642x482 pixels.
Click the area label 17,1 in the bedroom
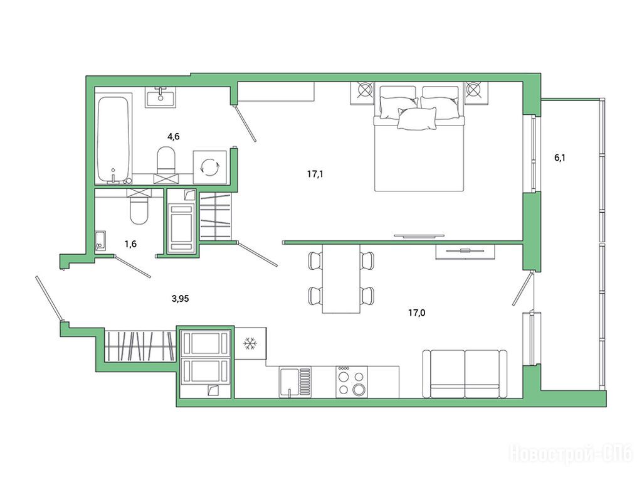(x=315, y=174)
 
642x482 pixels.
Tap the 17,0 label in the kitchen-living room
(x=416, y=313)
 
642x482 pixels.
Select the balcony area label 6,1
(x=560, y=158)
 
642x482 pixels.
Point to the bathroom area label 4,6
(x=174, y=136)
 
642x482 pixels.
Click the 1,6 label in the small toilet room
(x=130, y=244)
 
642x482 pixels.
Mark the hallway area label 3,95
(x=180, y=299)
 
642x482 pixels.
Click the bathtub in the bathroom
(x=113, y=140)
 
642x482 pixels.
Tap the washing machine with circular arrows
(x=209, y=167)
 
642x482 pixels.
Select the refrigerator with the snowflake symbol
(x=250, y=343)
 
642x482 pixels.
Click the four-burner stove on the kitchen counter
(x=352, y=382)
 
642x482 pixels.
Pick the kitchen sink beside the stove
(x=295, y=382)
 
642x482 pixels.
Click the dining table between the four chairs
(x=341, y=279)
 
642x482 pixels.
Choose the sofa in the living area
(x=465, y=374)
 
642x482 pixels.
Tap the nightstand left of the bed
(x=362, y=93)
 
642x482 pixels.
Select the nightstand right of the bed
(x=476, y=93)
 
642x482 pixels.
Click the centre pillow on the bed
(x=417, y=119)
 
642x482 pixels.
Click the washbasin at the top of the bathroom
(x=160, y=97)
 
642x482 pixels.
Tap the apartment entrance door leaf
(x=49, y=298)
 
